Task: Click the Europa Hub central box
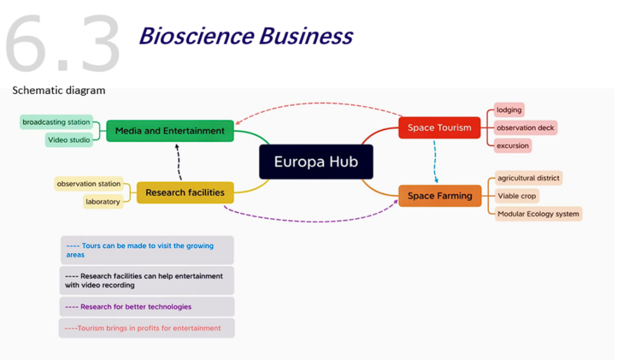pos(316,162)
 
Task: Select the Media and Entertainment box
pos(170,131)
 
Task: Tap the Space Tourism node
pos(439,128)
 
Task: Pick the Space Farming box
pos(440,196)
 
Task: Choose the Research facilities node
pos(185,193)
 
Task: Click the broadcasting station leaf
pos(56,122)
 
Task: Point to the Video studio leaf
pos(69,140)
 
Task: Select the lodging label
pos(509,110)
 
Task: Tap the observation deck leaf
pos(525,128)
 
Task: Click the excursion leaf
pos(513,145)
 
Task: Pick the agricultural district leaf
pos(528,178)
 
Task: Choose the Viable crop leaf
pos(516,196)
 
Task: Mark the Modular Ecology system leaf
pos(538,214)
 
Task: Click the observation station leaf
pos(88,184)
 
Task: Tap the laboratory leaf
pos(103,202)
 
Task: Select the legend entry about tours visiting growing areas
pos(146,250)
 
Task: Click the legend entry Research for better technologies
pos(146,307)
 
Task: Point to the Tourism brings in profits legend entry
pos(146,328)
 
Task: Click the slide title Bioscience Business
pos(246,36)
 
